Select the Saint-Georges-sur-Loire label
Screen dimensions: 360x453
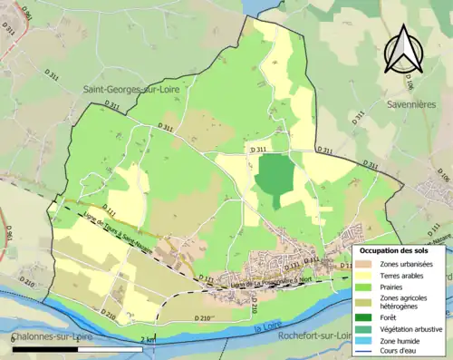132,90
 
